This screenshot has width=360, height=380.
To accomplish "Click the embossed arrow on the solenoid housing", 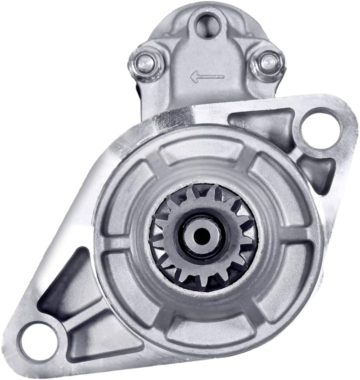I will pos(207,77).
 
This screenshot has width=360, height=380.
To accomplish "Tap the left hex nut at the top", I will pos(145,62).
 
